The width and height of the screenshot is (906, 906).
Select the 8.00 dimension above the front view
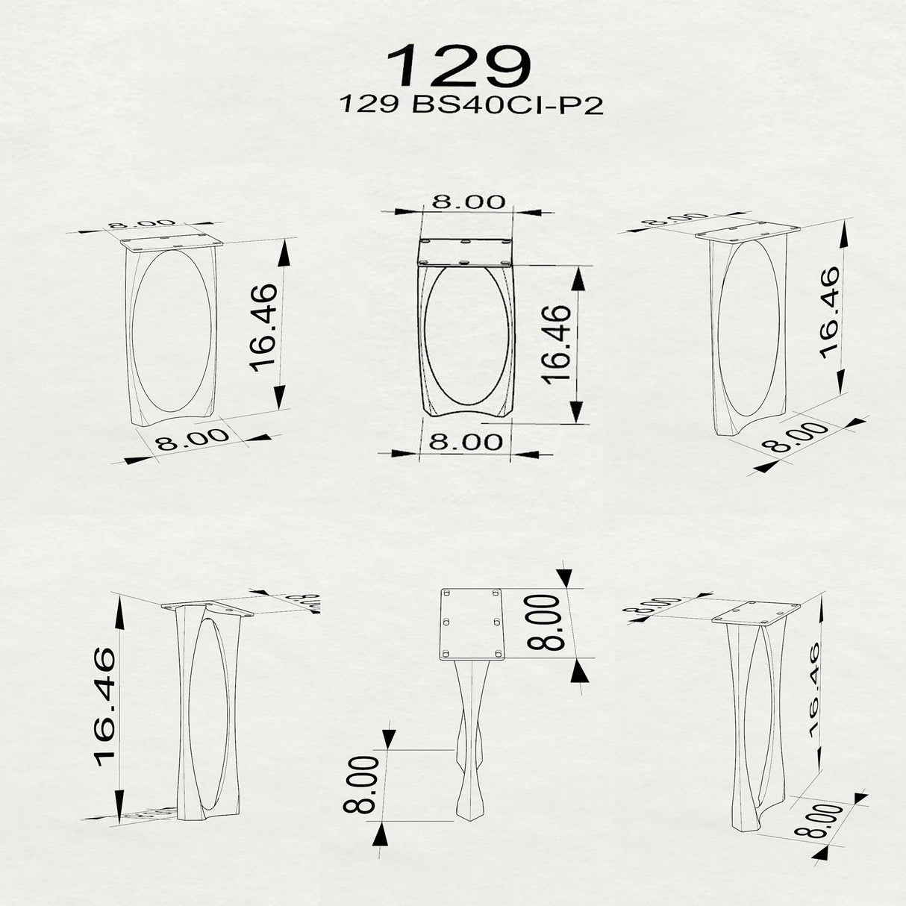469,201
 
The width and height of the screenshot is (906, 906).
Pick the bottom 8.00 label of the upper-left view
192,439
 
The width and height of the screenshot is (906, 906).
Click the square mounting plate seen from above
472,625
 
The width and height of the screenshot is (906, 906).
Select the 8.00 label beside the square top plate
543,622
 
